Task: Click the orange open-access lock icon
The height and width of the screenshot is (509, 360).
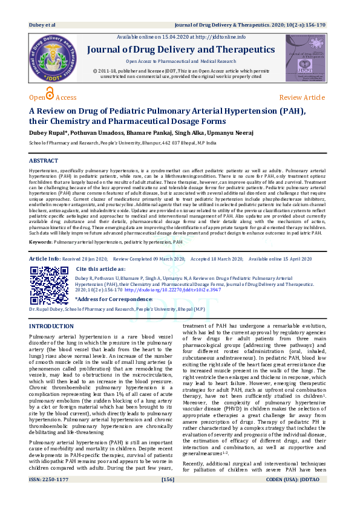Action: pos(50,94)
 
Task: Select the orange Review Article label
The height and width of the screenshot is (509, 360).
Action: pos(301,97)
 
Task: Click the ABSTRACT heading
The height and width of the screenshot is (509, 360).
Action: pos(44,161)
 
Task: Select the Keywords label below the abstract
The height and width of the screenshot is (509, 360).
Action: pos(40,259)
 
